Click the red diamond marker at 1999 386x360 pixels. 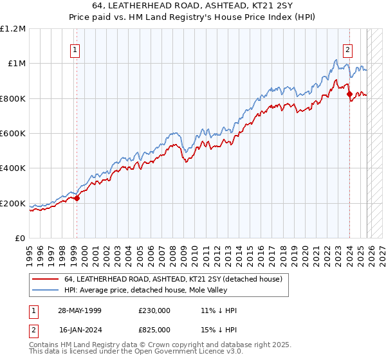[77, 198]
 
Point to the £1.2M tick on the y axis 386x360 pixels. [13, 29]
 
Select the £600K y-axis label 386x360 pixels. [13, 134]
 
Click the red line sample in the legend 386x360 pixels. [45, 278]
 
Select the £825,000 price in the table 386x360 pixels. [154, 329]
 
